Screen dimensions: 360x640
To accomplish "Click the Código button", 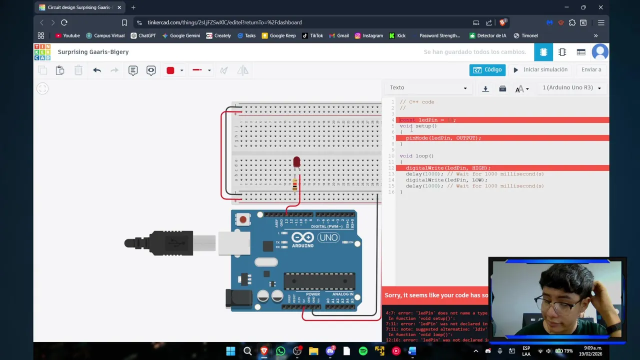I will (x=487, y=70).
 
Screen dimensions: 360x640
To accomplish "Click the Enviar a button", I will (x=591, y=70).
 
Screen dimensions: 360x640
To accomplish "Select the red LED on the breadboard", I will (x=296, y=162).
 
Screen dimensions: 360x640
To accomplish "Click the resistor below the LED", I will (x=294, y=185).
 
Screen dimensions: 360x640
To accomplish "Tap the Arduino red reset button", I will (x=243, y=219).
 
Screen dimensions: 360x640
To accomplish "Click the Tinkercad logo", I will (x=42, y=52).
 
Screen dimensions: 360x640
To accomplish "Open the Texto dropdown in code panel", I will (x=428, y=88).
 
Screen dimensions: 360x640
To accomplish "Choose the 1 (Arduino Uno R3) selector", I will (x=571, y=88).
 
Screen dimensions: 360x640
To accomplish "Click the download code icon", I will (x=485, y=88).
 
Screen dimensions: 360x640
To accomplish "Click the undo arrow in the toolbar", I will (x=97, y=70).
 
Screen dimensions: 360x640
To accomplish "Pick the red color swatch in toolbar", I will (x=170, y=70).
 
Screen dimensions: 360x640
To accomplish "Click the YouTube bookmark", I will (x=67, y=35).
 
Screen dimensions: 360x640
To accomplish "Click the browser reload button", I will (x=64, y=22).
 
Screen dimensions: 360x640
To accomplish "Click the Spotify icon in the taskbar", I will (x=363, y=351).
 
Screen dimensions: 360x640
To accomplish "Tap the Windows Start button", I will (x=230, y=351).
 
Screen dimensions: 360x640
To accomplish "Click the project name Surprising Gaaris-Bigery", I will (x=93, y=52).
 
